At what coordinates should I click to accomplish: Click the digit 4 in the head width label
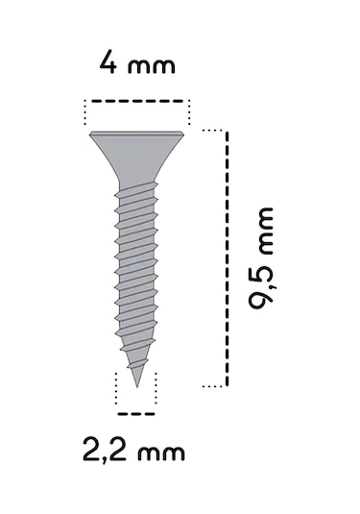[x=108, y=65]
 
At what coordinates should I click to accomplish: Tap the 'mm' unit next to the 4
[x=152, y=67]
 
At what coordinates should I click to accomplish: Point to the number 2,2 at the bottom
[x=105, y=449]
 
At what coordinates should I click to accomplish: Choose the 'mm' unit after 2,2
[x=158, y=451]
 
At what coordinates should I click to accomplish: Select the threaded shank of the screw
[x=135, y=269]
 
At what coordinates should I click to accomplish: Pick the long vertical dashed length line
[x=228, y=257]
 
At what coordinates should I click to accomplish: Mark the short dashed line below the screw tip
[x=135, y=413]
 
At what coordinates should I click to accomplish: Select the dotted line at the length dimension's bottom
[x=213, y=386]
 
